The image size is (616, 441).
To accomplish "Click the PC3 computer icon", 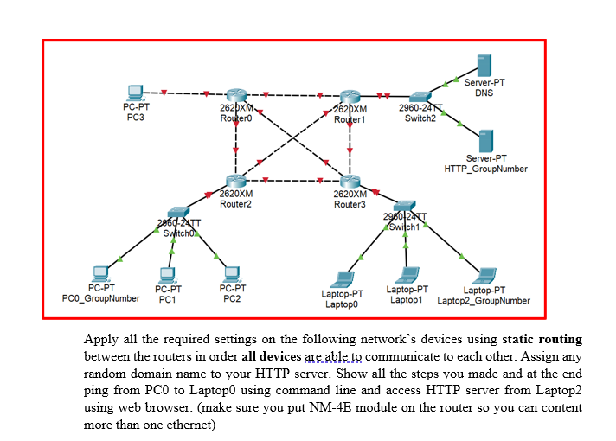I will coord(135,93).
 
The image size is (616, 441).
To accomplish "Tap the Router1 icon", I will coord(350,97).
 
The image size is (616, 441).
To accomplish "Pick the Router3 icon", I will coord(350,182).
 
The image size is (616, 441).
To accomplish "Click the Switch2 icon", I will coord(420,95).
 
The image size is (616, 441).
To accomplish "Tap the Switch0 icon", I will coord(177,214).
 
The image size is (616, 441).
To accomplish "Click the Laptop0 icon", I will coord(344,278).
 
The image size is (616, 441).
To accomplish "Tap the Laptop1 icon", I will coord(406,276).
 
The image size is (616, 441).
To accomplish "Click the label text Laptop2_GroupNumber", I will coord(484,300).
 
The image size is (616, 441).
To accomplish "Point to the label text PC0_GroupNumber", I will coord(101,298).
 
